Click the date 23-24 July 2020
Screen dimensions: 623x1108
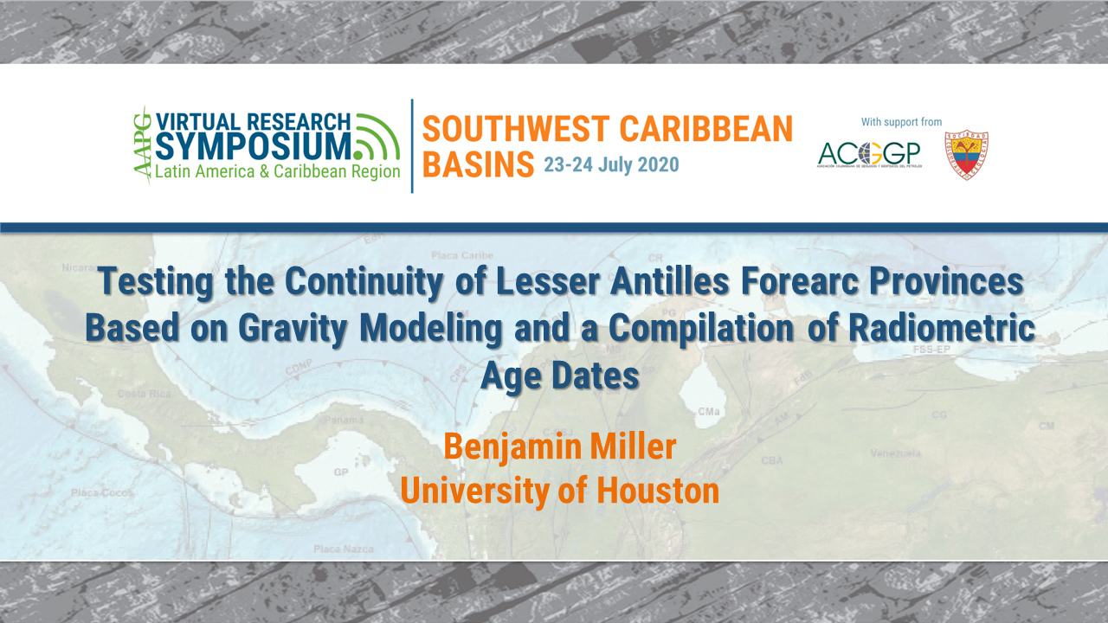(611, 164)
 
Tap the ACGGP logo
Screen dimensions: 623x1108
(868, 156)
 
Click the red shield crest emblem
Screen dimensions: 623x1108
(966, 156)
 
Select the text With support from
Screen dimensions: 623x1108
(901, 122)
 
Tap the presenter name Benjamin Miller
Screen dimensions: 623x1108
(559, 446)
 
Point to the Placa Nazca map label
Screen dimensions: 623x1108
(343, 549)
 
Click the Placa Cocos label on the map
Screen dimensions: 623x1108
(103, 492)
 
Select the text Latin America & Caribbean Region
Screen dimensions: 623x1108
(277, 171)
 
